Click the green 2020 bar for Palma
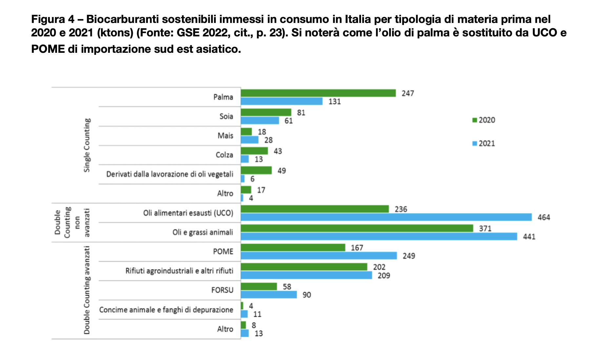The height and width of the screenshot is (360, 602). (318, 93)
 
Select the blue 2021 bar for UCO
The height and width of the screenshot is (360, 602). (386, 217)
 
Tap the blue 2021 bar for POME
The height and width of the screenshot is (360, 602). (319, 256)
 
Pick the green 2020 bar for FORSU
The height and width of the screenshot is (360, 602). (259, 287)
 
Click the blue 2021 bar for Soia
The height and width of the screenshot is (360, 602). (260, 121)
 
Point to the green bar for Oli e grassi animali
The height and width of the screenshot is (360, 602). (357, 228)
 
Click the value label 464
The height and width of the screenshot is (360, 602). (544, 217)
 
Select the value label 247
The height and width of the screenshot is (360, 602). (408, 93)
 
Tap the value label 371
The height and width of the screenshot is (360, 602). (485, 229)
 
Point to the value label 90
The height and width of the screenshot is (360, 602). (307, 295)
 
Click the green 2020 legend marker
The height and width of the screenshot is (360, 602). (474, 120)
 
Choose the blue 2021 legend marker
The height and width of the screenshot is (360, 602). (474, 143)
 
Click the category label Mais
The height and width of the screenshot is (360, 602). (225, 136)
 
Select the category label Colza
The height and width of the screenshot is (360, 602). (224, 155)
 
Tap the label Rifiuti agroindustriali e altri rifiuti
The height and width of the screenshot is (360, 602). (179, 271)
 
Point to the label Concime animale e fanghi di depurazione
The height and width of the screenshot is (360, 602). (166, 310)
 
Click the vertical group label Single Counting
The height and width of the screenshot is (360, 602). (87, 145)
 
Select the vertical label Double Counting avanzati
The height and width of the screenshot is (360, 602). (87, 290)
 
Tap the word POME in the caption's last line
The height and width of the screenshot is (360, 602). (48, 49)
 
